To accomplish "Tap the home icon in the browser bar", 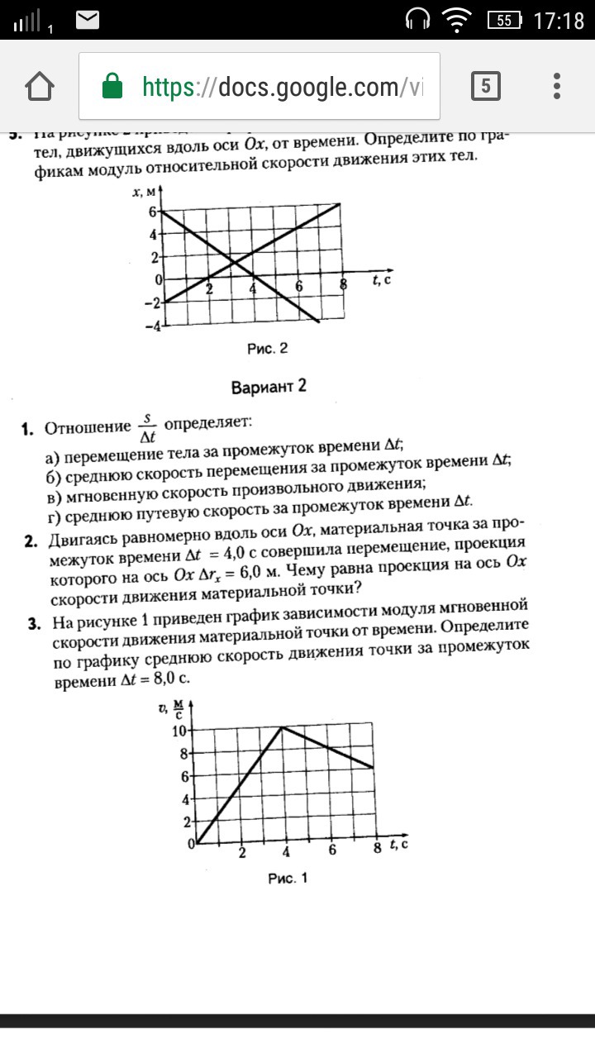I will pos(40,87).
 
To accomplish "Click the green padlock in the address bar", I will pos(111,87).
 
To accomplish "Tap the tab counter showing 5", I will pos(486,86).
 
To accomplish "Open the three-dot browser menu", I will pos(558,86).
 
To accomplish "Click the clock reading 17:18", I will pos(559,21).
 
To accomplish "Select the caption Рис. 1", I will pos(288,879).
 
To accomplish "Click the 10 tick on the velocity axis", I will pos(178,731).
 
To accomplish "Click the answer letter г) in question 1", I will pos(52,503).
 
